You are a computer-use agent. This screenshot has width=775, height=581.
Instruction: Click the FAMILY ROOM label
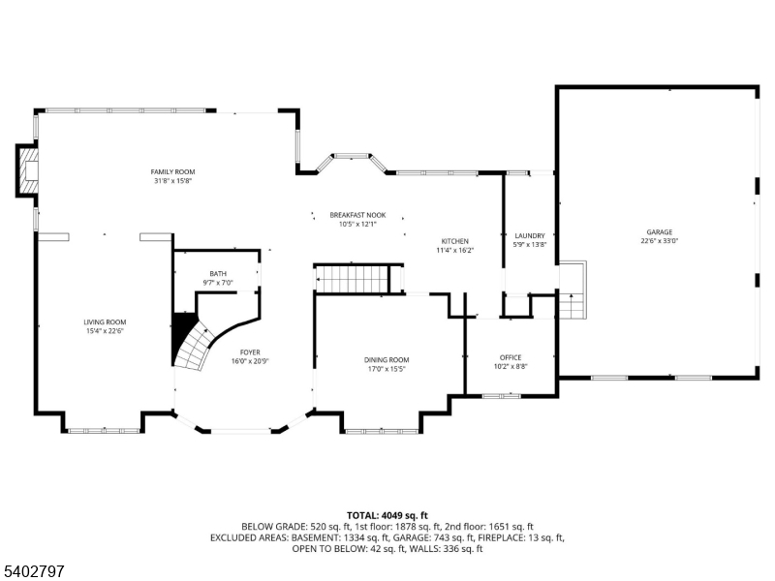[173, 171]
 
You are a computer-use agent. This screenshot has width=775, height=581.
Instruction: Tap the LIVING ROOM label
[104, 321]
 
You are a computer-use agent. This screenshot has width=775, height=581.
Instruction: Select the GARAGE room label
[660, 231]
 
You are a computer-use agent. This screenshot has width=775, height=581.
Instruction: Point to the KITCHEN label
[455, 241]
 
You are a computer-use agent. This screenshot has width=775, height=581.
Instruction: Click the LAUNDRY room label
[530, 235]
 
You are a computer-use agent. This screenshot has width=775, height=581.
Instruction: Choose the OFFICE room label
[511, 357]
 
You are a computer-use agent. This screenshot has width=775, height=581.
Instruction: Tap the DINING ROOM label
[387, 359]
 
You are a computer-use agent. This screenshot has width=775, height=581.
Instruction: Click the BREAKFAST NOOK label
[357, 215]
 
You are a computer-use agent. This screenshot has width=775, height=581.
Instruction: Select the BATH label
[218, 273]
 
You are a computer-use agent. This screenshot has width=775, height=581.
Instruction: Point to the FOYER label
[250, 352]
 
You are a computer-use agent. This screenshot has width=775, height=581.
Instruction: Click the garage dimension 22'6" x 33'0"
[660, 241]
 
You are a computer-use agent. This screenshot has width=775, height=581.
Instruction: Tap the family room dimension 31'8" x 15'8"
[173, 181]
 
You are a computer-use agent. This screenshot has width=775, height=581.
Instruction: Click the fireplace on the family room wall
[28, 171]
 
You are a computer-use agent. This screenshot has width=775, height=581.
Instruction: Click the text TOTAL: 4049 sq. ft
[387, 515]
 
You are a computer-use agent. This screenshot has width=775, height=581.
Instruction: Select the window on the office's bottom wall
[501, 395]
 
